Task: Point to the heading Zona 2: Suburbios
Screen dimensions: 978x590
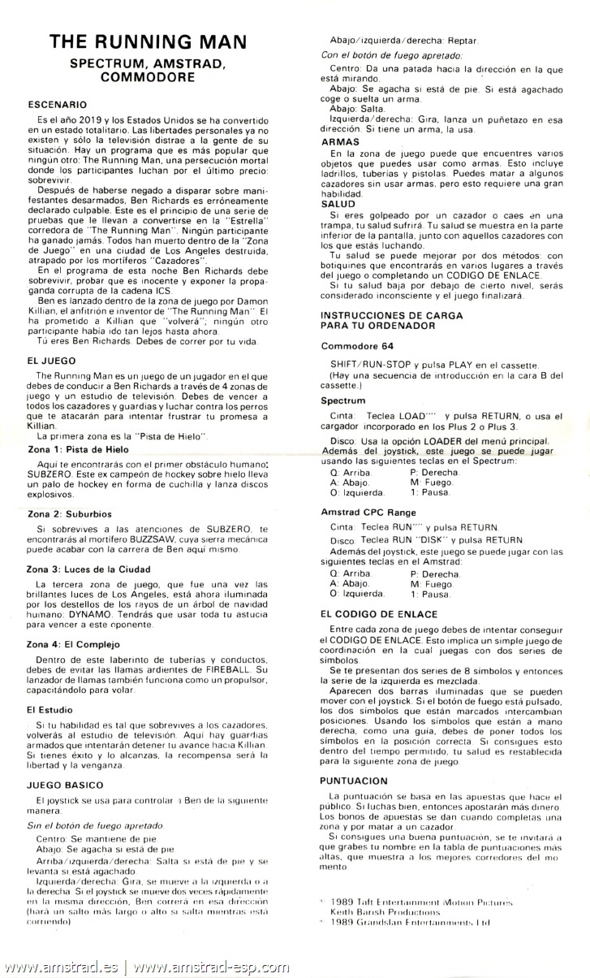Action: [x=68, y=514]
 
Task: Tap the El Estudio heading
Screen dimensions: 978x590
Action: [x=50, y=709]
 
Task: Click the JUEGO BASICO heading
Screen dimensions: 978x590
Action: [x=65, y=785]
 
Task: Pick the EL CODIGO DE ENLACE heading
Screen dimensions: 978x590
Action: [x=378, y=614]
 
